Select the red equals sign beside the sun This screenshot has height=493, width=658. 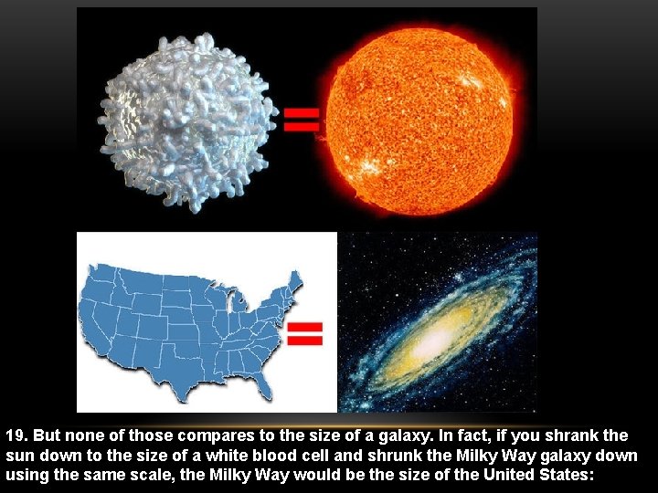coord(302,120)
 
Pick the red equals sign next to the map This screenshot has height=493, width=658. coord(305,333)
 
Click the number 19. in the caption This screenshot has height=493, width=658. coord(17,435)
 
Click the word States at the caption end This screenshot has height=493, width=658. coord(568,476)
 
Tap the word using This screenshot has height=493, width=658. coord(27,476)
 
